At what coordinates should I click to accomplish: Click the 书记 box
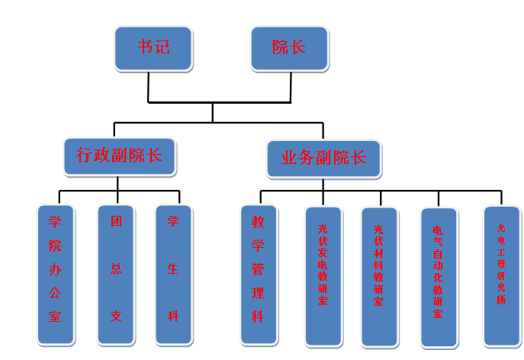pyautogui.click(x=153, y=48)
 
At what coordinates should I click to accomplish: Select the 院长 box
pyautogui.click(x=289, y=48)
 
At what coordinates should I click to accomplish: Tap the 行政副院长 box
pyautogui.click(x=119, y=157)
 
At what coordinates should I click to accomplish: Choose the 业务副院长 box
pyautogui.click(x=323, y=159)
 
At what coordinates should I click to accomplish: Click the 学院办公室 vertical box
pyautogui.click(x=56, y=274)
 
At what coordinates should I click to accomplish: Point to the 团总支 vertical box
pyautogui.click(x=116, y=274)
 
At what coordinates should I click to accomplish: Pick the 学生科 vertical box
pyautogui.click(x=173, y=274)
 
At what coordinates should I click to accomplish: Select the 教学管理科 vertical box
pyautogui.click(x=258, y=274)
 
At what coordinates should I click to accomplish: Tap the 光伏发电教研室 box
pyautogui.click(x=323, y=275)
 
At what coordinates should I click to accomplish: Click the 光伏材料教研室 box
pyautogui.click(x=379, y=276)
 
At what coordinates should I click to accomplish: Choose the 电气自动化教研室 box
pyautogui.click(x=438, y=277)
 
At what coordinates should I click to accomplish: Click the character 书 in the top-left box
pyautogui.click(x=144, y=47)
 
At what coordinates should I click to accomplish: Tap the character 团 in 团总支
pyautogui.click(x=116, y=223)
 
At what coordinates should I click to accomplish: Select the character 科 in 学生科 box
pyautogui.click(x=173, y=316)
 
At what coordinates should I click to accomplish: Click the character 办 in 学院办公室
pyautogui.click(x=55, y=269)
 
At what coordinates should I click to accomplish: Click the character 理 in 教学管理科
pyautogui.click(x=258, y=292)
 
